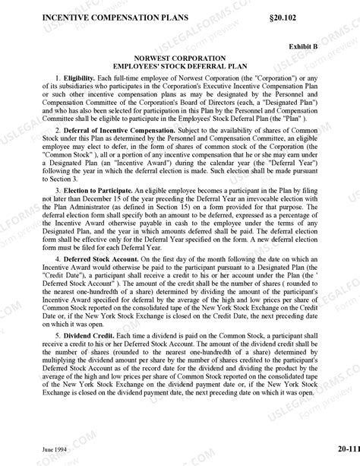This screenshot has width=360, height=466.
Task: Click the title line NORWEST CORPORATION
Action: (x=180, y=59)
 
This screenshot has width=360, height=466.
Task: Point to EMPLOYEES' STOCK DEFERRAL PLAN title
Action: (x=180, y=68)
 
